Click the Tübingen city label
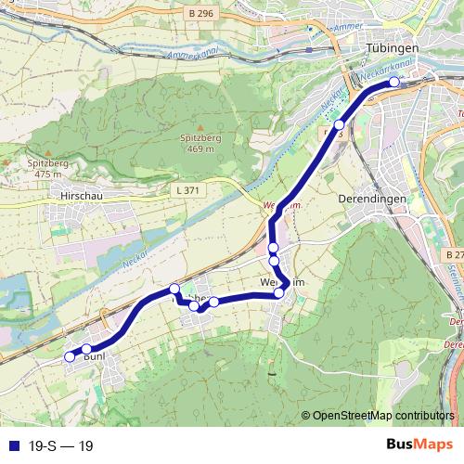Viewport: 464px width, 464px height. [394, 47]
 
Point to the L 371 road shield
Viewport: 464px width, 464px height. [187, 189]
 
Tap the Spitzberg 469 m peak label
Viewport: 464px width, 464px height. [200, 142]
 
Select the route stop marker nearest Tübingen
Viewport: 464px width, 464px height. [393, 82]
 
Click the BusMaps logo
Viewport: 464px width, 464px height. [419, 445]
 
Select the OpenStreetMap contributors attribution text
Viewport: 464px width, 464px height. [382, 416]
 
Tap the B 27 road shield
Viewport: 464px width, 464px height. [454, 254]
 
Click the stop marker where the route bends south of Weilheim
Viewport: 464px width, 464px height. [279, 293]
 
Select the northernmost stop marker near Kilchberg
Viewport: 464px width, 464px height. [174, 289]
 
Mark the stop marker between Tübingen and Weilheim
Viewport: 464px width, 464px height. [339, 124]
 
